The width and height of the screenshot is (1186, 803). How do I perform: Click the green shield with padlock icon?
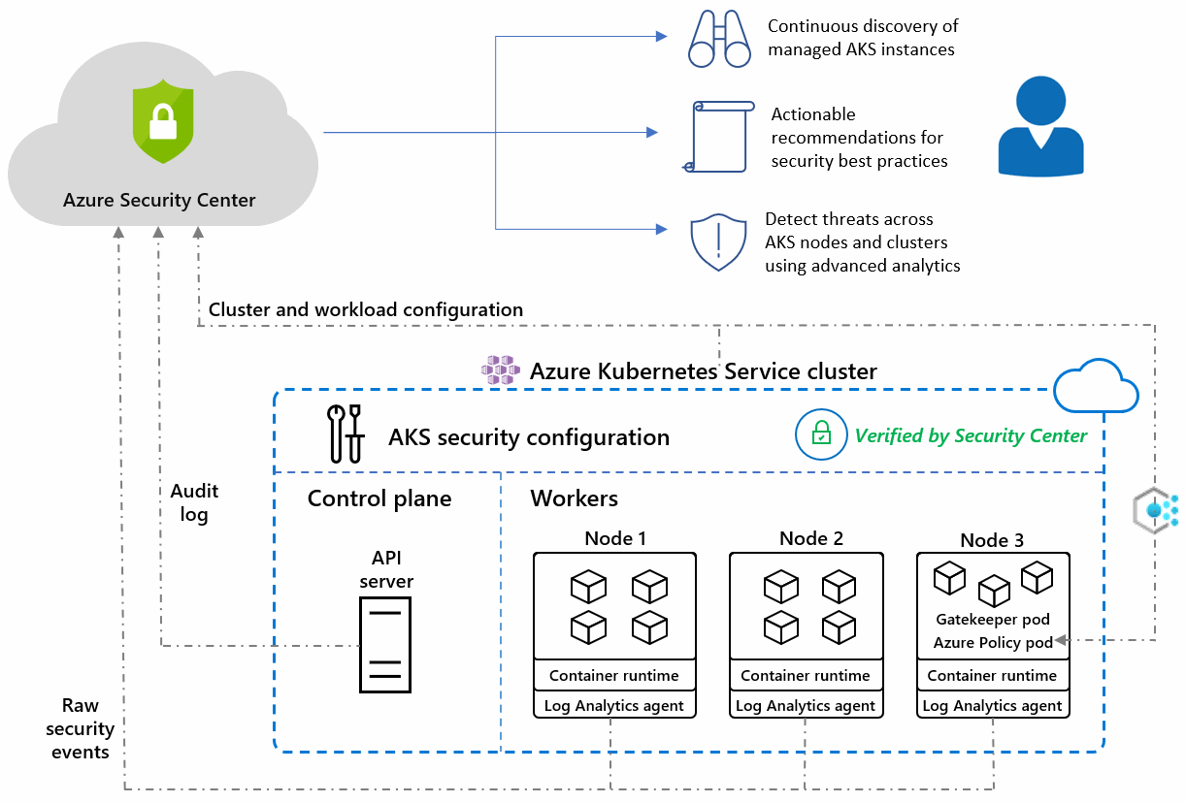[163, 121]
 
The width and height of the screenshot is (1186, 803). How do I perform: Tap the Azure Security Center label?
[159, 200]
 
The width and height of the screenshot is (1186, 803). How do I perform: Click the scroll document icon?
[719, 137]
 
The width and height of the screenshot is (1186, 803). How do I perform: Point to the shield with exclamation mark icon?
[718, 241]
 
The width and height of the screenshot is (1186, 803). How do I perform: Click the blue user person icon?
[1040, 126]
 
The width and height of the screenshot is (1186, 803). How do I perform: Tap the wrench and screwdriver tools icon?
[346, 434]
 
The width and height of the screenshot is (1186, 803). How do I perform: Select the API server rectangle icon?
[385, 645]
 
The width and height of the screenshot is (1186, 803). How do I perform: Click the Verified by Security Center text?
[971, 435]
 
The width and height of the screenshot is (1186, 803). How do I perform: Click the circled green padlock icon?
[821, 434]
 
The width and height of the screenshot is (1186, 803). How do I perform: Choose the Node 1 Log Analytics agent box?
[614, 705]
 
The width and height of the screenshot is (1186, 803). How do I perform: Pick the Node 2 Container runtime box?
[806, 675]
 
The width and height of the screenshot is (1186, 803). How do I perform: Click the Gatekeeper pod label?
[993, 619]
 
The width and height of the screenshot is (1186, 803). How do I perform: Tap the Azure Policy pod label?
[993, 642]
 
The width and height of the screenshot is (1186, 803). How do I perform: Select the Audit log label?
[194, 502]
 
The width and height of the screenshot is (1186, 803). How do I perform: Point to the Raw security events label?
[80, 728]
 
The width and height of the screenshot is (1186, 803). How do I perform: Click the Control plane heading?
[379, 498]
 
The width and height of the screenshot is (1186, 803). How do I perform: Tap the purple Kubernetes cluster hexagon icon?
[500, 369]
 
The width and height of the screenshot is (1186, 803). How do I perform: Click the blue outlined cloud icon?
[1096, 386]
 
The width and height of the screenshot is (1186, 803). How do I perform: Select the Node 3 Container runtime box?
[993, 675]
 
